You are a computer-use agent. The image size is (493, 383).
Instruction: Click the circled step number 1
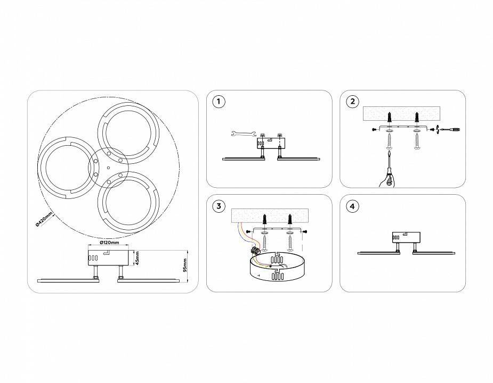(219, 102)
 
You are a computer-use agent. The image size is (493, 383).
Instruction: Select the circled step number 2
(352, 102)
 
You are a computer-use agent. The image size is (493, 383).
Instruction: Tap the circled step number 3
(219, 206)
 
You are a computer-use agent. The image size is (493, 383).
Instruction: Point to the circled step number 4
(352, 206)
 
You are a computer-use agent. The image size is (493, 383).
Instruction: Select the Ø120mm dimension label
(109, 243)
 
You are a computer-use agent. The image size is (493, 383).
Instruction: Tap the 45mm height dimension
(138, 258)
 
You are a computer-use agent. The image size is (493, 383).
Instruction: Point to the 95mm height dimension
(185, 265)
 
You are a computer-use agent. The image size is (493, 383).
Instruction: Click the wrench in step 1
(242, 134)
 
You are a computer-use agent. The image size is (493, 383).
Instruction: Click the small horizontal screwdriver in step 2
(450, 129)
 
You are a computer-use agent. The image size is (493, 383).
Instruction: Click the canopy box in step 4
(406, 237)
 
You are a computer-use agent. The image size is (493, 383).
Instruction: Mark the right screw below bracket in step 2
(417, 142)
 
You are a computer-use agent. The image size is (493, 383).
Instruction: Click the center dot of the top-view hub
(108, 168)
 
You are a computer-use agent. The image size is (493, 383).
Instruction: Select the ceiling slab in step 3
(270, 215)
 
